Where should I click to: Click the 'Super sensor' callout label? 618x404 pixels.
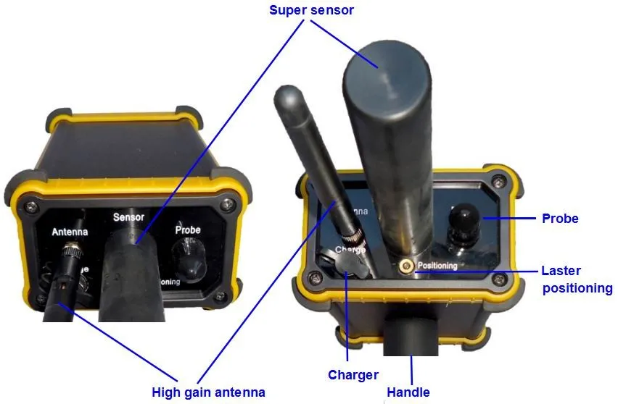point(311,10)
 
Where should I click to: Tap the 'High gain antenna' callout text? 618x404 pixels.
point(208,392)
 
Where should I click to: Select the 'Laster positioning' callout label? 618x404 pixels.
point(577,279)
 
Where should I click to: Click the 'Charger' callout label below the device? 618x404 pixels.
point(353,374)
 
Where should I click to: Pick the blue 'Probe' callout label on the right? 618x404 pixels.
point(560,218)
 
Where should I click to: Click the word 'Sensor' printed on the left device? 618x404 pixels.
point(129,216)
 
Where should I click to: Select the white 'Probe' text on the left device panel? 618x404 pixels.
point(188,230)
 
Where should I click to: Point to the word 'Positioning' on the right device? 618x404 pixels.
point(438,266)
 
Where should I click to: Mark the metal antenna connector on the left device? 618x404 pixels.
point(71,253)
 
